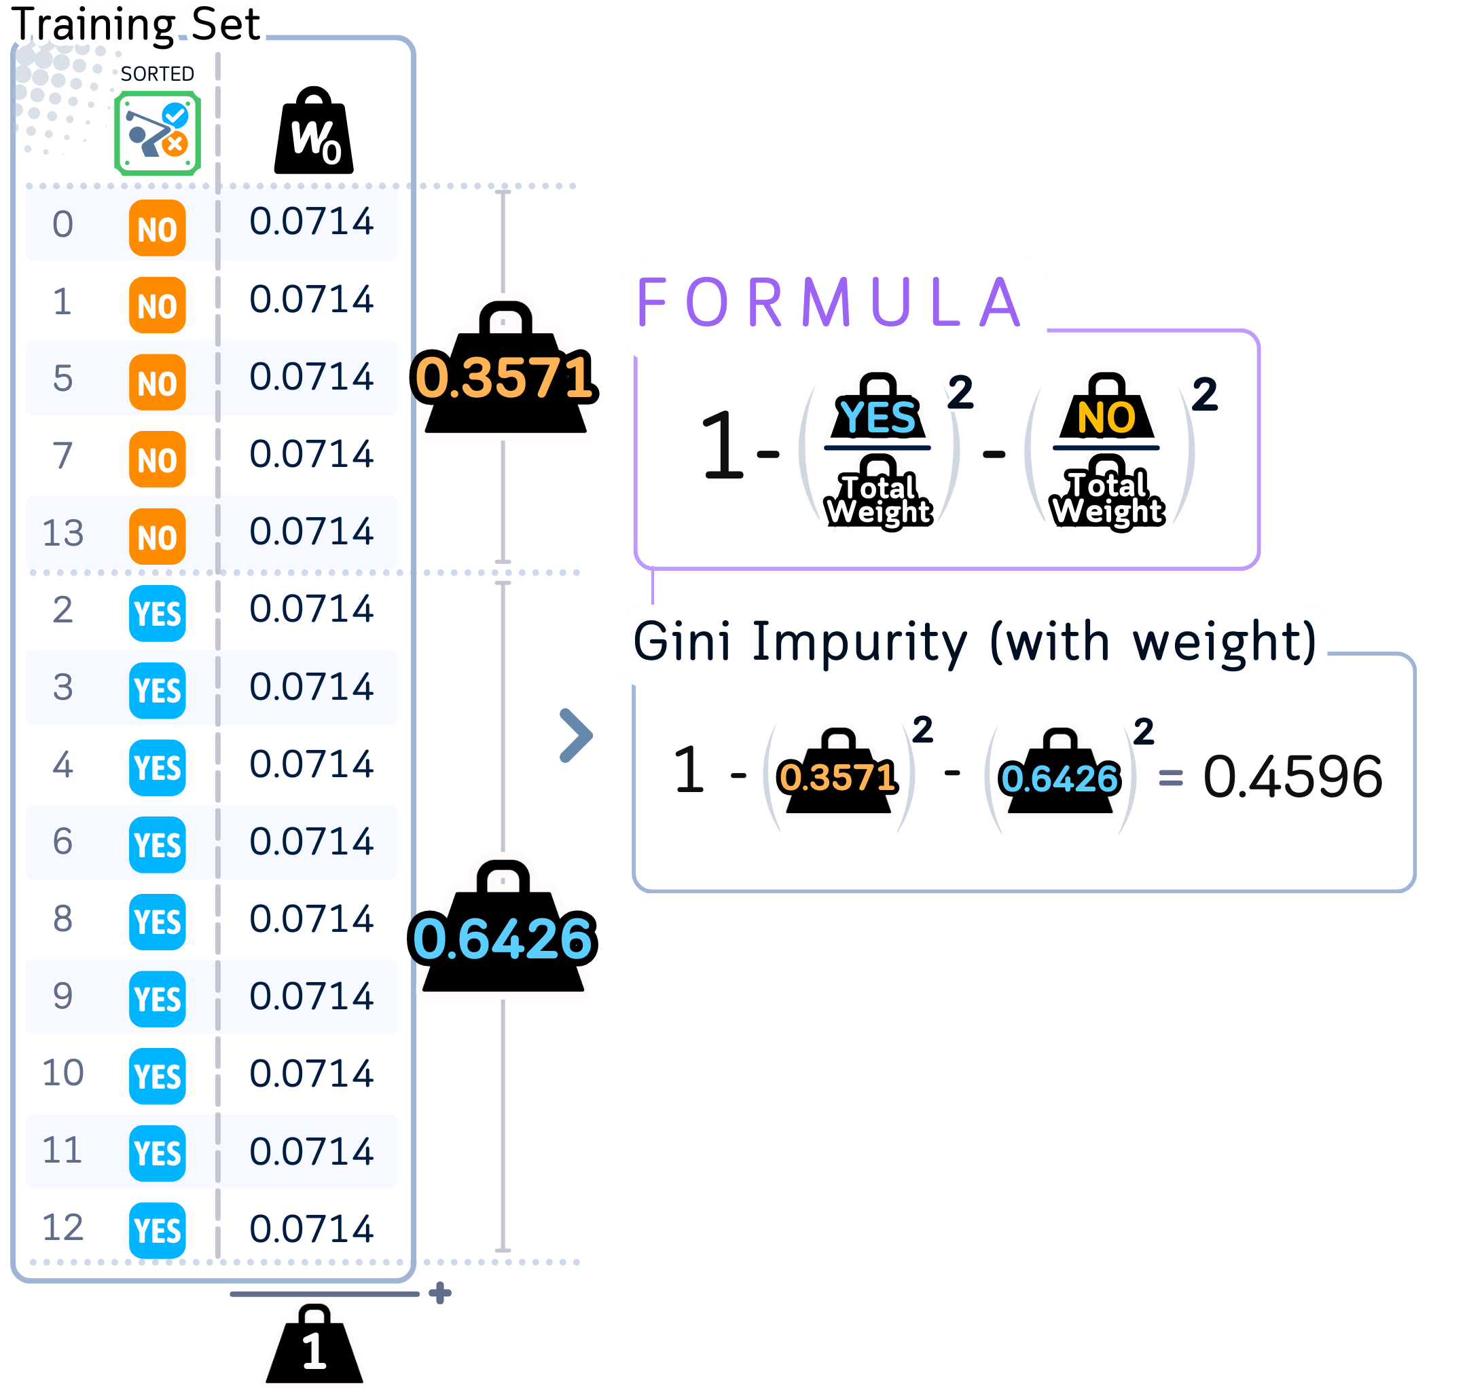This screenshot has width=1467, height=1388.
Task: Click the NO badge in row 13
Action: [157, 536]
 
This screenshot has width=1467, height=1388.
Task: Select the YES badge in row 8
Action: [157, 922]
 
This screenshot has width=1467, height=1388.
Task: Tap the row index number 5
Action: [63, 378]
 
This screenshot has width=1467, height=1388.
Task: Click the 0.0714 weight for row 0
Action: [311, 222]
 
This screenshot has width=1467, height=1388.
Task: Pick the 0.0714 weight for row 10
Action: [311, 1074]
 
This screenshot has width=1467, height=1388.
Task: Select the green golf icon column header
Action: [158, 133]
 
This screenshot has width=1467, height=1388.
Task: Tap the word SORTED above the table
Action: [157, 74]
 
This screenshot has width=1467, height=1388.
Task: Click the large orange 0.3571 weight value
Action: [503, 377]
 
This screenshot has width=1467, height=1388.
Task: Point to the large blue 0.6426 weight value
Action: [502, 938]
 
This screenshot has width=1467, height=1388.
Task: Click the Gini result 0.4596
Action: [1292, 777]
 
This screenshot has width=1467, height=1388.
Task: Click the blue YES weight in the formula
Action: [878, 416]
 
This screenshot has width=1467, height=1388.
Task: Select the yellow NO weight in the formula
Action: [1106, 416]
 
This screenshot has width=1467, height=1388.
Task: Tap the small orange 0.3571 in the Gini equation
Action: [837, 777]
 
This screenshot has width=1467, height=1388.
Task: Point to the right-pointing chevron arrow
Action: [576, 736]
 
